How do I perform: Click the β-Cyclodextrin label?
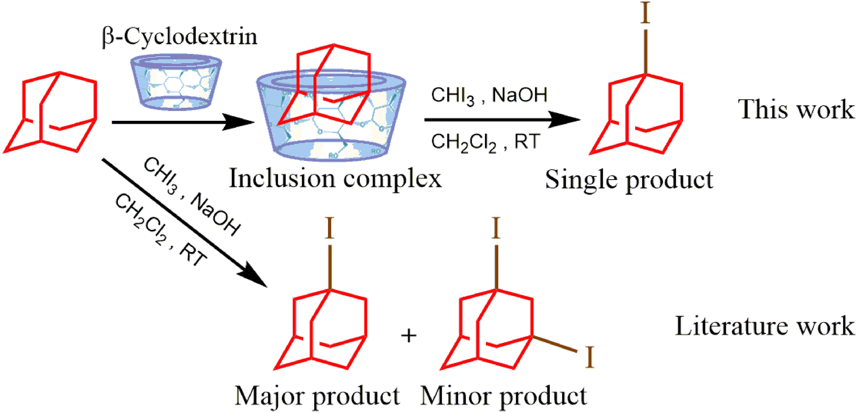click(179, 37)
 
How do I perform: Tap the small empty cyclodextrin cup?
click(176, 82)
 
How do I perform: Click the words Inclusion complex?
click(335, 178)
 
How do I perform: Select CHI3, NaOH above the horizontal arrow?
click(488, 95)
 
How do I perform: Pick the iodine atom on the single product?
click(645, 13)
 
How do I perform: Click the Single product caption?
click(629, 180)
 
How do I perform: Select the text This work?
click(796, 109)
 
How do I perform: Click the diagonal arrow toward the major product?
click(184, 222)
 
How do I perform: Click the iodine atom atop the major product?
click(329, 228)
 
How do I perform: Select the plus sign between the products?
click(409, 335)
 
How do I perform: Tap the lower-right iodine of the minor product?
click(589, 358)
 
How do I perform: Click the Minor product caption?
click(503, 396)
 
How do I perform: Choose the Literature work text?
click(764, 326)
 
